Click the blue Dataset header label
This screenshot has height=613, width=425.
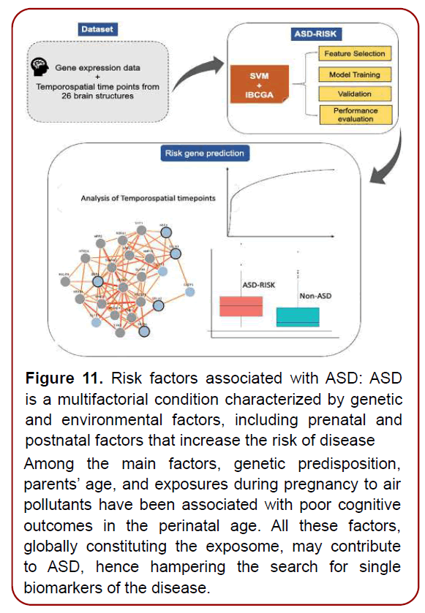[98, 30]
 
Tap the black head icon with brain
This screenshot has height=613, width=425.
[42, 68]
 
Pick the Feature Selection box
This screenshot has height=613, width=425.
[355, 54]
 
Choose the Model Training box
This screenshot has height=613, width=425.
[355, 75]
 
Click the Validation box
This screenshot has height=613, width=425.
[355, 94]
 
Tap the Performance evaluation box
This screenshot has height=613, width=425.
[355, 115]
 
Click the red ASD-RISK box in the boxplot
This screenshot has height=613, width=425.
[241, 306]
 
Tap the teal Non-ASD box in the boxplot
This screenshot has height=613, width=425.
[298, 316]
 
